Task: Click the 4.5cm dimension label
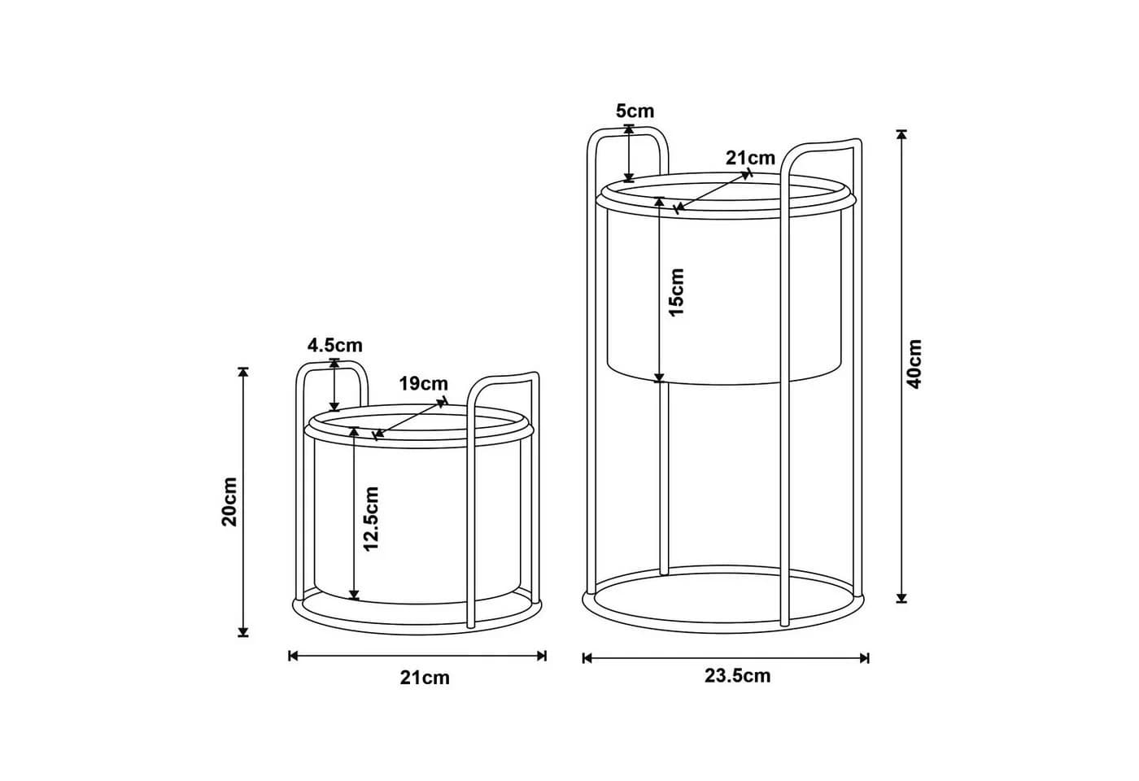[334, 345]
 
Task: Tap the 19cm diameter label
[423, 383]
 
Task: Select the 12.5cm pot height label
[372, 519]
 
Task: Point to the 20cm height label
[229, 502]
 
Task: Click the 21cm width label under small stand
[425, 678]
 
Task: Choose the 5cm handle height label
[635, 111]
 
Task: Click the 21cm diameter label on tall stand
[750, 158]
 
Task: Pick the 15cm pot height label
[677, 292]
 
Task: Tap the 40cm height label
[914, 364]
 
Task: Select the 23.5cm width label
[737, 676]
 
